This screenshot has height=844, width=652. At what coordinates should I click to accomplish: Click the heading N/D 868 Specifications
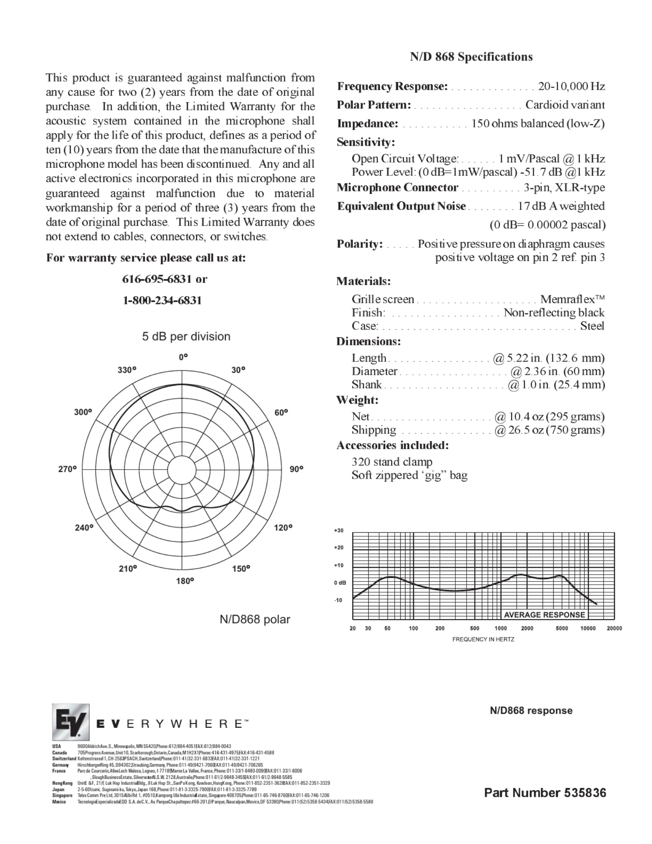tap(471, 57)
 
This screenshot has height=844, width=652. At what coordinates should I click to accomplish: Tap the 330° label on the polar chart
tap(127, 370)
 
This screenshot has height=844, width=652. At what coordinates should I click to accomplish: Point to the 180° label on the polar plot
tap(185, 581)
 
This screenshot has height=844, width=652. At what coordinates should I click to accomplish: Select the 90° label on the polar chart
tap(296, 469)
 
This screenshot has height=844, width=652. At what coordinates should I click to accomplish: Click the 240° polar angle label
tap(84, 527)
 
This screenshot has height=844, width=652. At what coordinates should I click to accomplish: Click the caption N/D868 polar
tap(255, 619)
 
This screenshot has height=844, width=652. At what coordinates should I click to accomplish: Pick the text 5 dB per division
tap(186, 336)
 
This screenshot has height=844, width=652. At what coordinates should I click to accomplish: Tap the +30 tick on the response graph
tap(338, 530)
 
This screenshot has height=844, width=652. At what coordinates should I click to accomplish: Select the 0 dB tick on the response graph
tap(340, 583)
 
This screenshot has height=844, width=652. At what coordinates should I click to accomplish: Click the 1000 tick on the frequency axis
tap(501, 628)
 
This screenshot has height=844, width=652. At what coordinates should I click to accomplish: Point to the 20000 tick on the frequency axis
tap(614, 628)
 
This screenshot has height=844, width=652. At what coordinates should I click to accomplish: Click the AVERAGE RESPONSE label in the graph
tap(544, 615)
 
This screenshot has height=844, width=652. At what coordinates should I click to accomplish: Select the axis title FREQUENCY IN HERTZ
tap(483, 639)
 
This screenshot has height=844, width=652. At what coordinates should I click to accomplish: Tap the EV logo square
tap(70, 722)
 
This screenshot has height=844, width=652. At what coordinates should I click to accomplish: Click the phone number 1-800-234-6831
tap(162, 300)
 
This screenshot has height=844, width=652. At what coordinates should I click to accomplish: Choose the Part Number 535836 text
tap(545, 793)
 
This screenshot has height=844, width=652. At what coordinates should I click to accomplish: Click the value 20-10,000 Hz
tap(571, 86)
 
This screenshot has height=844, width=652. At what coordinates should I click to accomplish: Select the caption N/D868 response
tap(531, 711)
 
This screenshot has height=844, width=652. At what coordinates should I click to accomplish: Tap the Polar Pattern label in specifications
tap(374, 105)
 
